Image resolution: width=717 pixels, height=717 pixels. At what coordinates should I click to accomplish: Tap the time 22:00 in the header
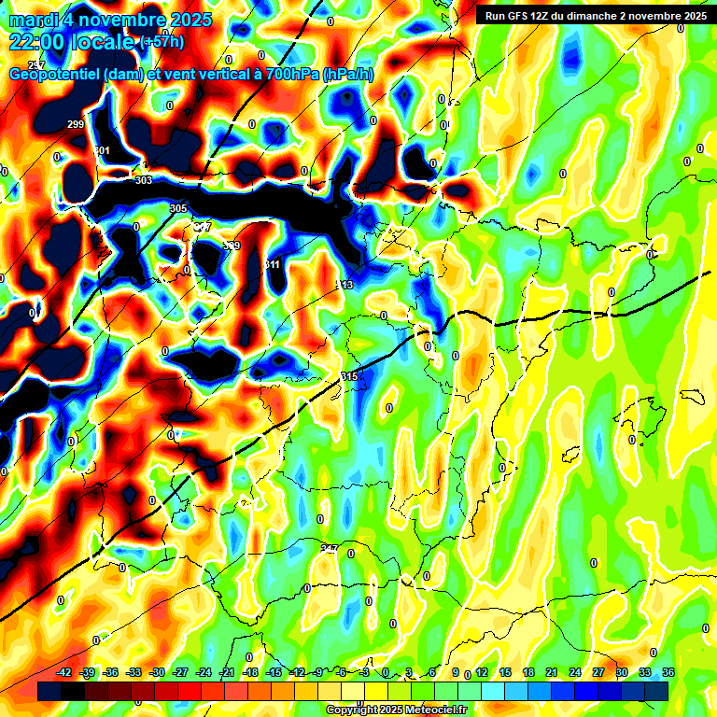tap(34, 42)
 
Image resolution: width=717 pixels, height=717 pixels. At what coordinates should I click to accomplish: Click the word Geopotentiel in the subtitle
tap(55, 75)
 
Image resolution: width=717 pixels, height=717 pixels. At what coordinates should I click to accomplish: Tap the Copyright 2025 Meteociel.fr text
tap(397, 710)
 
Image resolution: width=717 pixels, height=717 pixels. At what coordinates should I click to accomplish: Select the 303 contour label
tap(143, 180)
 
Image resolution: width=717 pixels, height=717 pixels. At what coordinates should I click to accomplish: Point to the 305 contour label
tap(178, 208)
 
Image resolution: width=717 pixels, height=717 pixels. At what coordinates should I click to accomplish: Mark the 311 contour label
tap(273, 265)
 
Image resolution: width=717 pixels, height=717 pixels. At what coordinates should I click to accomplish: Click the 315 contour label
tap(350, 376)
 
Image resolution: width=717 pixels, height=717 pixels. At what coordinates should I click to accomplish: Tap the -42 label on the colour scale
tap(64, 672)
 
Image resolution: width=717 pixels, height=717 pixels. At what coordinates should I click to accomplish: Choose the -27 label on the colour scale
tap(181, 672)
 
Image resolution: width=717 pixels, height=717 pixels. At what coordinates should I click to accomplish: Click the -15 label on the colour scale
tap(274, 672)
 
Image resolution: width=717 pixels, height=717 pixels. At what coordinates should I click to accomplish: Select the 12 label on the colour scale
tap(482, 672)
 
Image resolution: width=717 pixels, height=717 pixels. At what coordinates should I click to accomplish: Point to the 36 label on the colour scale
tap(668, 672)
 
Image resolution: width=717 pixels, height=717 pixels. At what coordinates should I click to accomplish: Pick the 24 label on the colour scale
tap(575, 672)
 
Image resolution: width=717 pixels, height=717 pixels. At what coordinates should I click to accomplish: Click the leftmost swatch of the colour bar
tap(49, 691)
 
